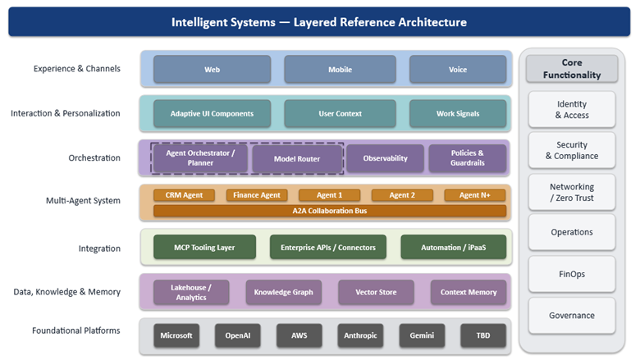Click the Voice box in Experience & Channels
[x=457, y=70]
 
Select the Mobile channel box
[x=340, y=70]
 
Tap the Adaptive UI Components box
[x=212, y=114]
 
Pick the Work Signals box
[x=457, y=114]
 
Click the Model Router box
[x=297, y=158]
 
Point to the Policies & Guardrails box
[x=467, y=158]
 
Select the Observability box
[x=385, y=158]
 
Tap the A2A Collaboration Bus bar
[x=329, y=211]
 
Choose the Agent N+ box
[x=474, y=195]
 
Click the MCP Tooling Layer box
[x=204, y=247]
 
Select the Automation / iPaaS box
[x=453, y=247]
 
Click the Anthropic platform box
[x=359, y=335]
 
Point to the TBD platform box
[x=482, y=335]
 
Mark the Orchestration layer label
[x=94, y=158]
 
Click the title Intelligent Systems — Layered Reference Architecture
[x=319, y=22]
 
